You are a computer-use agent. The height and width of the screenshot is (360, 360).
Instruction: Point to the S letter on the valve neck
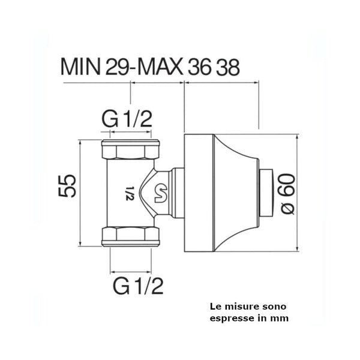tap(161, 192)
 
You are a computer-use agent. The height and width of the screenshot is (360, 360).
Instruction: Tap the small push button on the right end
tap(267, 191)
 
